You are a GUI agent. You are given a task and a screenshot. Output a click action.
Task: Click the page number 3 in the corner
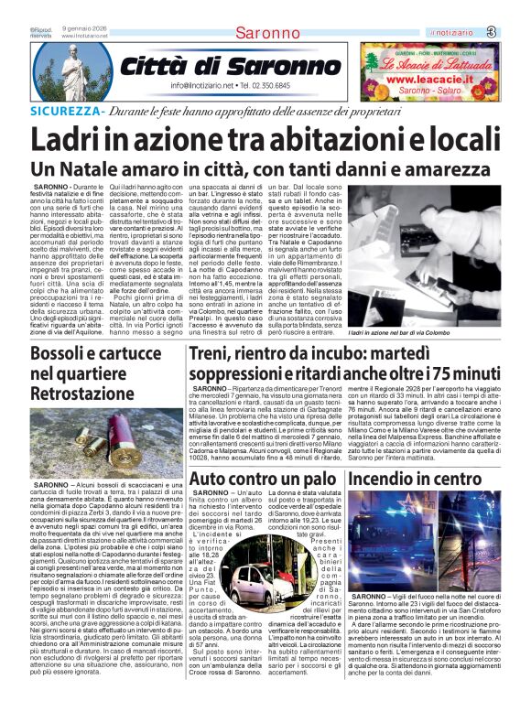[x=516, y=32]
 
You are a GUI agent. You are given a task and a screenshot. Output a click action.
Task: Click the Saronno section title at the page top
[x=266, y=34]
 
